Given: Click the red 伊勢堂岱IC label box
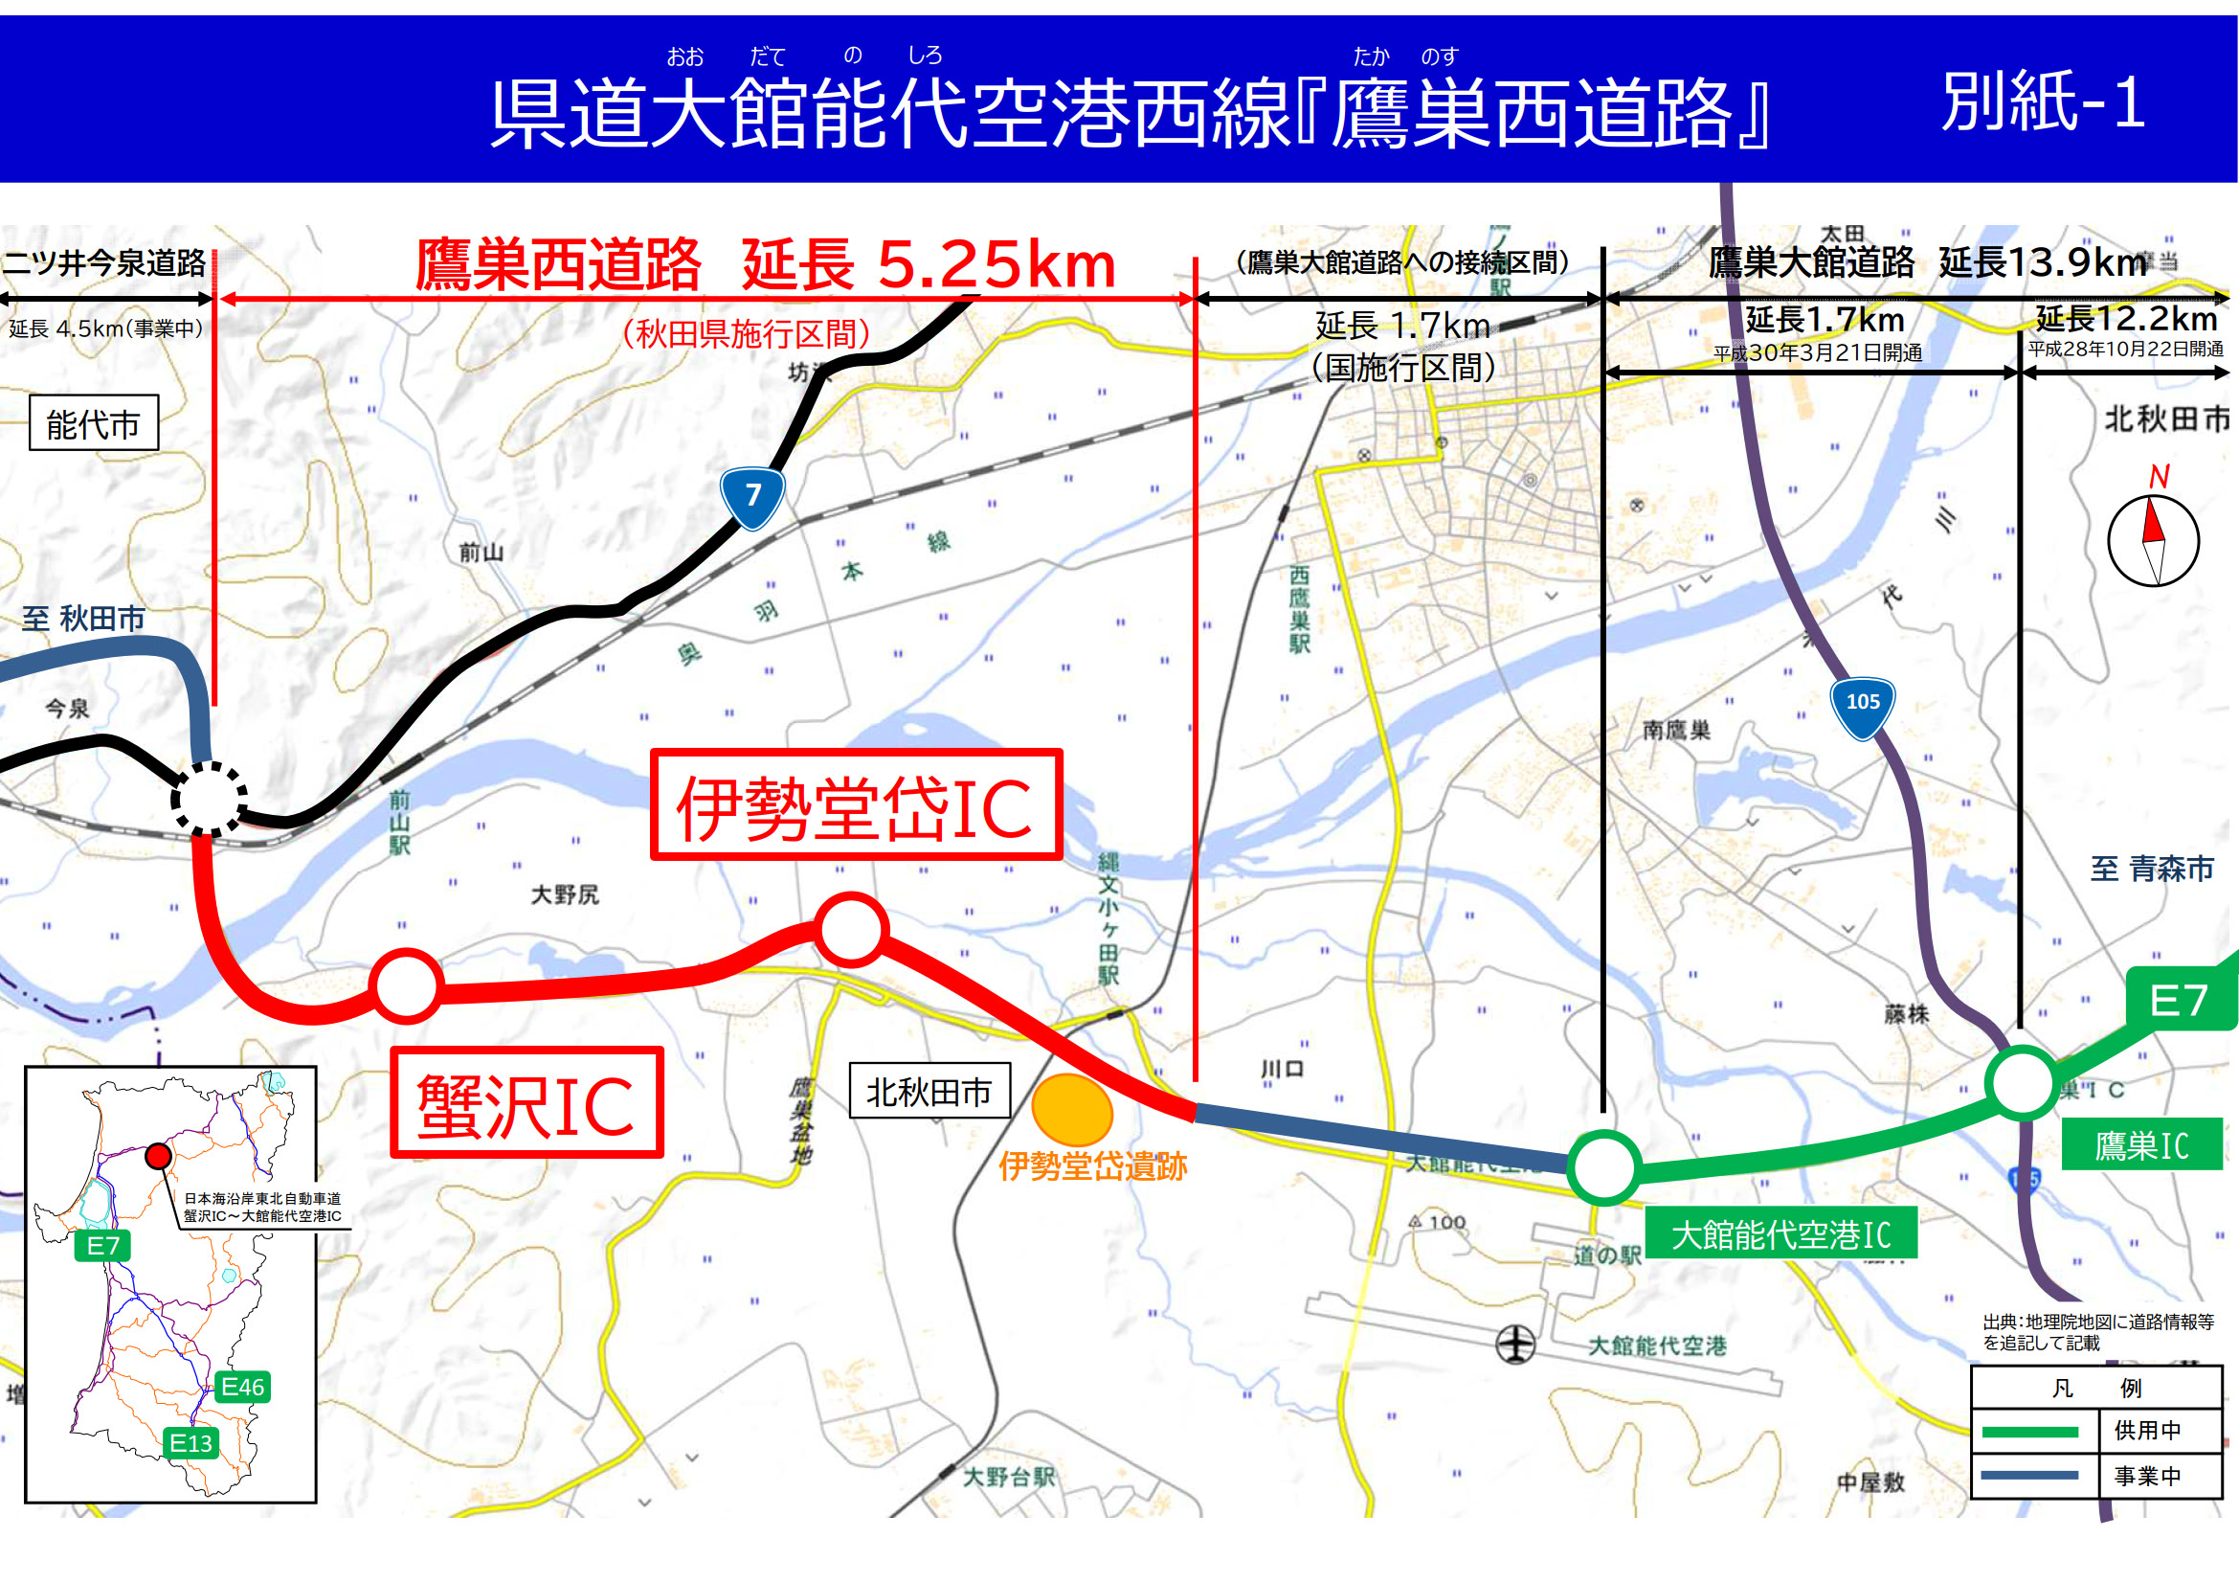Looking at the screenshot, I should point(855,804).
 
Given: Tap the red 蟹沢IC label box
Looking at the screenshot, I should point(526,1103).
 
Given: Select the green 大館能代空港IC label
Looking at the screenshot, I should point(1780,1233).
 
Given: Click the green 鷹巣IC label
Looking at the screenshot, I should point(2141,1145).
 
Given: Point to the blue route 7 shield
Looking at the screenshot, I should point(752,495).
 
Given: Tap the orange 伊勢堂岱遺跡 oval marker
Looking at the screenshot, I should point(1072,1110).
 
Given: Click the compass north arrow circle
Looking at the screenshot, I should point(2153,539).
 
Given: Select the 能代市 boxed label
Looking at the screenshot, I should point(94,423).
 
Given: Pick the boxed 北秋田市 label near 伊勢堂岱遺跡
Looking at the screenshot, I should point(929,1091).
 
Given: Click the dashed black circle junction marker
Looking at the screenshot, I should point(209,798).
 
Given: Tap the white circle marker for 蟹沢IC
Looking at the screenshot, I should point(406,986).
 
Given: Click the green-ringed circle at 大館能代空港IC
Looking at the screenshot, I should point(1603,1166).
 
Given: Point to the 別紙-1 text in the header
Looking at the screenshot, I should point(2043,102).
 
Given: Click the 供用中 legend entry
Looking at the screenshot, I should point(2146,1430).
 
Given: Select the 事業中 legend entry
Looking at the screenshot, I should point(2146,1476).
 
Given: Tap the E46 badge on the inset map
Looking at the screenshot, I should point(242,1386).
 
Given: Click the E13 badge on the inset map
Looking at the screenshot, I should point(190,1442).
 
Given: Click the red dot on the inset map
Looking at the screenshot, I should point(158,1156).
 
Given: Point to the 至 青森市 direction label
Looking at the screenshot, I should point(2151,868).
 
